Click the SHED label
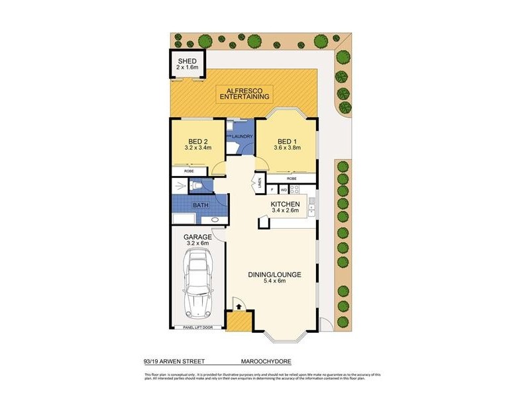187,61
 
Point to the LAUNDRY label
242,136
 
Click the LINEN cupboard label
260,181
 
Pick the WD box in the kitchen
283,189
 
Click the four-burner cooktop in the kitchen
295,189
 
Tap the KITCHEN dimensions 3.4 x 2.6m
286,211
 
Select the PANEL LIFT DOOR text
197,327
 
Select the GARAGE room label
197,237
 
